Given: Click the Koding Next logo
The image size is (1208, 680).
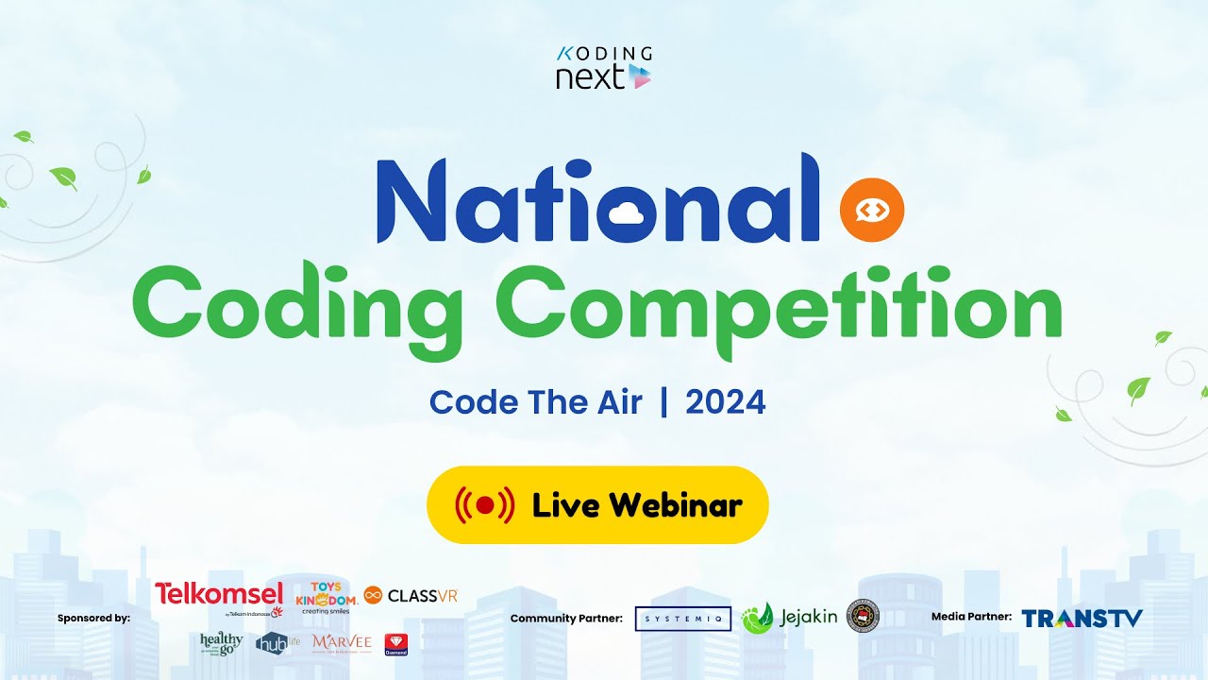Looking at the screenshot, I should point(604,67).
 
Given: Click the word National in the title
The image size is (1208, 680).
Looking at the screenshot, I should point(598,199).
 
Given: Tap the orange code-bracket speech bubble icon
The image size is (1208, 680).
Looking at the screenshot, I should point(872,210).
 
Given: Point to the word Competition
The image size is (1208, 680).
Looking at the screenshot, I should point(779,304).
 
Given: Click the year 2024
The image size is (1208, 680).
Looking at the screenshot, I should point(725,403).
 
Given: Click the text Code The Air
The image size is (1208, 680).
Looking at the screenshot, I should point(535,403).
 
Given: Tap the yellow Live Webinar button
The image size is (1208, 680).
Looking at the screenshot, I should point(597,505).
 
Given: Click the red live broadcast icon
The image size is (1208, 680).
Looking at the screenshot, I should point(485,505).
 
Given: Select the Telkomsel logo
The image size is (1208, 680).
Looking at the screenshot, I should point(219,595).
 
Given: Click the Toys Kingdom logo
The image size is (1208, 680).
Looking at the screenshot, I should point(327,597).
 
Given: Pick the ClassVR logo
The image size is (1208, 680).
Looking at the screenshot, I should point(411,595).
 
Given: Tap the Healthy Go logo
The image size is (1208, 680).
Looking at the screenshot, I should point(222,643).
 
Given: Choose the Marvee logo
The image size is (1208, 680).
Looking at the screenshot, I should point(342,643).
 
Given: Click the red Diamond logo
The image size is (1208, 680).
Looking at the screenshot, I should point(396,644).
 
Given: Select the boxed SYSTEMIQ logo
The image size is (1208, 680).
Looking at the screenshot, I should point(683,619).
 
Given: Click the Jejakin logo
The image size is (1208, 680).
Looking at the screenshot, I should point(790,618).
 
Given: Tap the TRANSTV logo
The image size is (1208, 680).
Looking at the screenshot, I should point(1082,619).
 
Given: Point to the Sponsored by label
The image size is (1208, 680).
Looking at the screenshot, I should point(93,619).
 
